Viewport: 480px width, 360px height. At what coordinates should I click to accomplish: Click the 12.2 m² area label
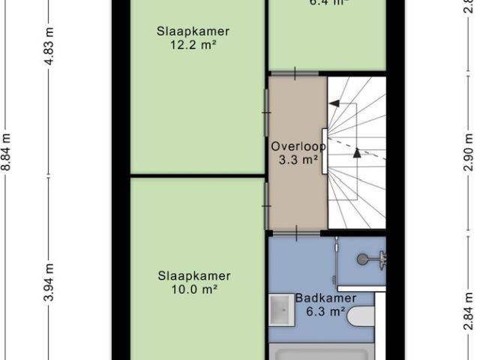193,44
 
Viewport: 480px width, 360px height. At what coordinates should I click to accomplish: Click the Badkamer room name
324,298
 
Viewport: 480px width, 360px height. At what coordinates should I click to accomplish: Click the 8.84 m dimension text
7,154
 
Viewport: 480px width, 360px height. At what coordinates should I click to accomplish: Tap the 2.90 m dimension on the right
469,154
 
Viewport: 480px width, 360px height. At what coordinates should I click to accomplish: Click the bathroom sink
283,308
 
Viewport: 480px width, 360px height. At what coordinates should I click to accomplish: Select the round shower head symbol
363,259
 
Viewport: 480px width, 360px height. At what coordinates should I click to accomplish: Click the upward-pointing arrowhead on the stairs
357,153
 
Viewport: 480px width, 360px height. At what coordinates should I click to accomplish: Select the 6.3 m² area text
324,310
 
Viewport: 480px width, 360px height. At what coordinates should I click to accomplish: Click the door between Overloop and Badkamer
296,232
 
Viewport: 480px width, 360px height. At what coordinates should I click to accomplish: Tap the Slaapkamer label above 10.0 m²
193,275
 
